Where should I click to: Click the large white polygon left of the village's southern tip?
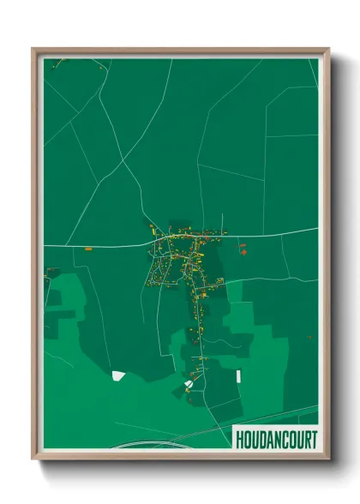click(118, 375)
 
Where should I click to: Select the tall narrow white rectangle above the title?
click(238, 376)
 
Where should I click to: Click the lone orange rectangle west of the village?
click(88, 249)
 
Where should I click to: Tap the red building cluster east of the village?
click(243, 249)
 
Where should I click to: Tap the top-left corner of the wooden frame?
click(34, 50)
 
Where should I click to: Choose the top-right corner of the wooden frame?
click(327, 50)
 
